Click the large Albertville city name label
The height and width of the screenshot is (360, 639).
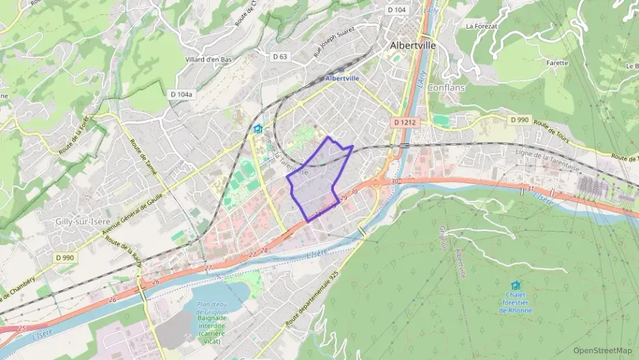pos(412,45)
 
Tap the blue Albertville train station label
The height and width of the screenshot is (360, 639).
pos(342,79)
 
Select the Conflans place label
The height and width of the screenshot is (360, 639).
pos(446,87)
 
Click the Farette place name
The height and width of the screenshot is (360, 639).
pos(557,63)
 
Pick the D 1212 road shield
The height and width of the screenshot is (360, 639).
pos(405,122)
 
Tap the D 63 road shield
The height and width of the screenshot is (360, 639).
pos(280,57)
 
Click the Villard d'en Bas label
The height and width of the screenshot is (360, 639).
pos(208,59)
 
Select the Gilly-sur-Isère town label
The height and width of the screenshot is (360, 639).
pos(83,222)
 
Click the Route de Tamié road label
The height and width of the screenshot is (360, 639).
pos(143,157)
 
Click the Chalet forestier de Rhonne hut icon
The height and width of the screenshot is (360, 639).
pos(515,285)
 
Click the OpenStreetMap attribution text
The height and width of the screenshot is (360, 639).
pos(602,350)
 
